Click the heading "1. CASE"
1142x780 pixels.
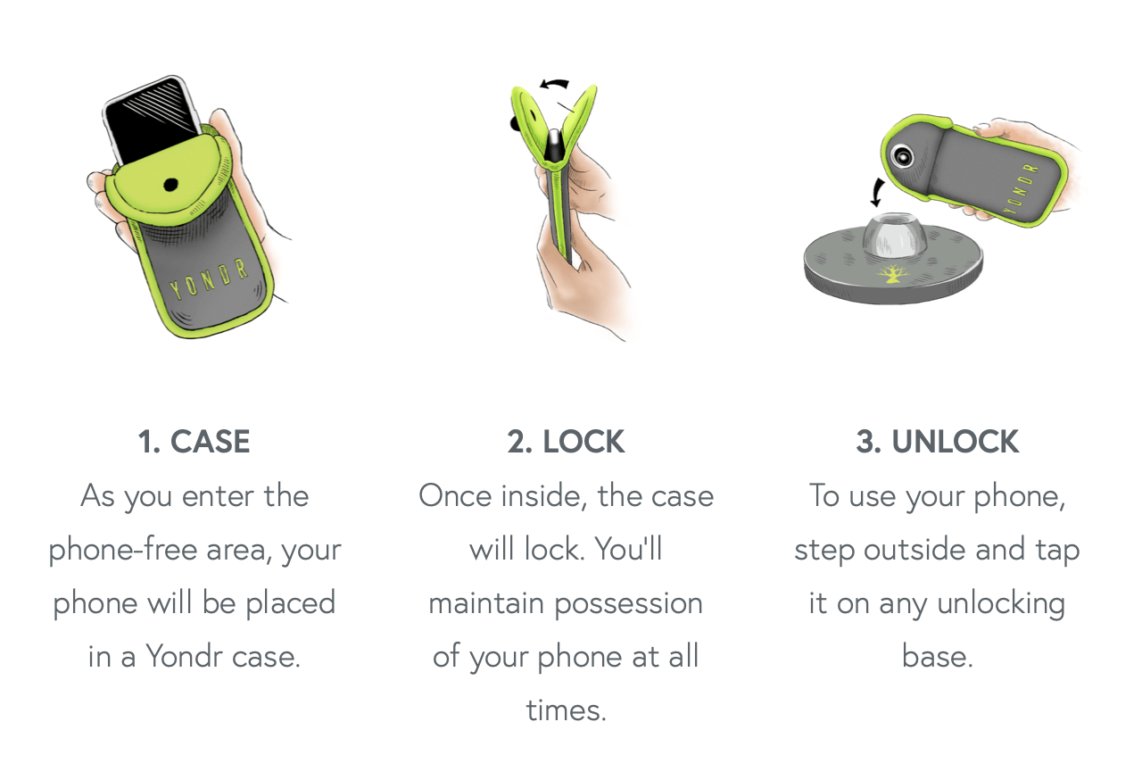(194, 442)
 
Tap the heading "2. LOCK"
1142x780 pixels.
(566, 442)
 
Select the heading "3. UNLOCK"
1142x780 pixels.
(937, 442)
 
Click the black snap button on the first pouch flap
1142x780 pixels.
(170, 185)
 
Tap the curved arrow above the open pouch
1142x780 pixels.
(554, 85)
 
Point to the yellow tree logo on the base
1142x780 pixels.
(891, 274)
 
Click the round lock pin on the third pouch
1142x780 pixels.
(903, 157)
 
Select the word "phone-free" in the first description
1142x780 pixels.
(123, 549)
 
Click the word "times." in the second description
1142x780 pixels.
(566, 709)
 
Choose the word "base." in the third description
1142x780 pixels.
(937, 656)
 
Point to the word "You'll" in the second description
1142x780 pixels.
(628, 549)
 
